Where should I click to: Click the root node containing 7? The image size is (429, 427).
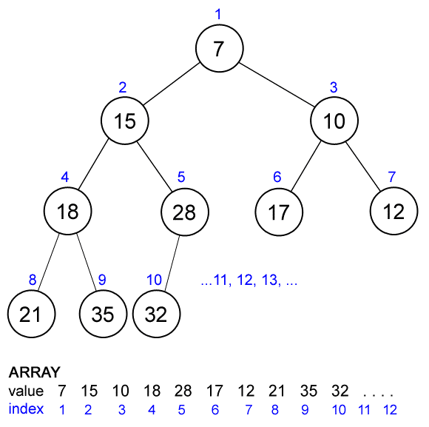[218, 49]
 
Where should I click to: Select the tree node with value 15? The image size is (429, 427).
[126, 120]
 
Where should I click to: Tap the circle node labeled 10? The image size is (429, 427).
[334, 120]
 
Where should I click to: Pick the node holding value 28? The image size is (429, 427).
[183, 212]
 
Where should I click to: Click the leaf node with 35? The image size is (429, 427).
[103, 314]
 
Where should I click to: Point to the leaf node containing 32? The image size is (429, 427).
[157, 314]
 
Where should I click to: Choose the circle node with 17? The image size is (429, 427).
[278, 212]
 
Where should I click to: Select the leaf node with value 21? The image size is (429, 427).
[30, 314]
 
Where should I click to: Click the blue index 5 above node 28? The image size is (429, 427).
[180, 178]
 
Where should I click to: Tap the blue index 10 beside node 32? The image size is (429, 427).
[154, 280]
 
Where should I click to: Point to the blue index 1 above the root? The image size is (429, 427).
[217, 13]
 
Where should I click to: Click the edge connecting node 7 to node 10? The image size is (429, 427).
[277, 84]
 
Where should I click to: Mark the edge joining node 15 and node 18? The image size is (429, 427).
[96, 166]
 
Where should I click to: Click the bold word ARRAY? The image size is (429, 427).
[34, 372]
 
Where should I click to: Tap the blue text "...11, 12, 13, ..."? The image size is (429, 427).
[249, 281]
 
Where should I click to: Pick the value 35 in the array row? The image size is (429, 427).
[311, 391]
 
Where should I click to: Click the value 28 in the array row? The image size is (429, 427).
[183, 391]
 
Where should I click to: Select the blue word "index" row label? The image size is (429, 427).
[26, 408]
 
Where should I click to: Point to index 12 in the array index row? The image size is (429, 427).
[391, 409]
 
